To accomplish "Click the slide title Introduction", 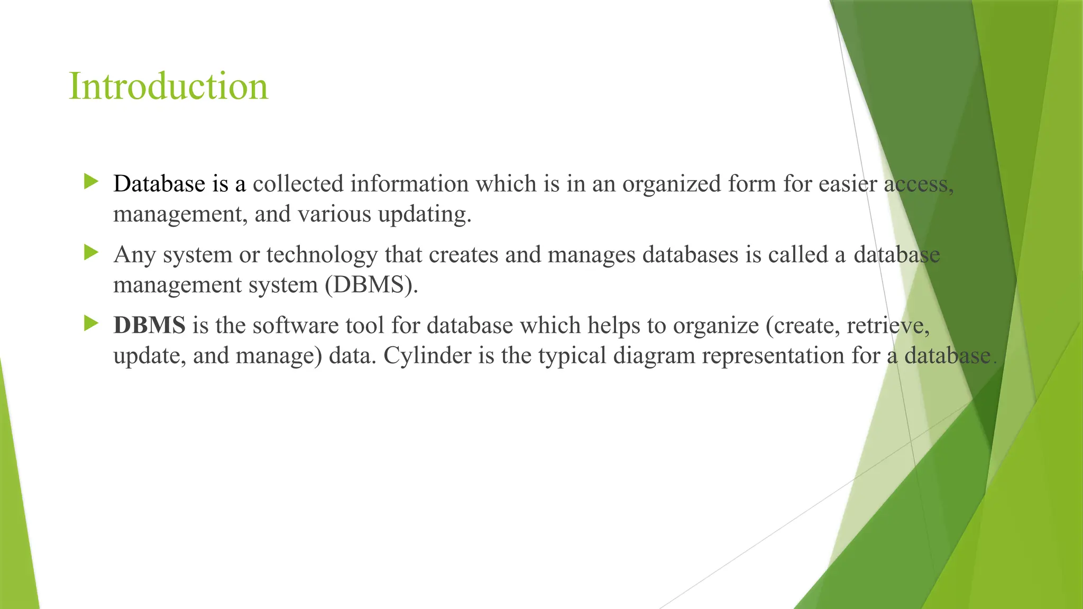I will [x=168, y=86].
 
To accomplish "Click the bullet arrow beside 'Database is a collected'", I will [x=91, y=182].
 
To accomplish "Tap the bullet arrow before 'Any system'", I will [x=91, y=253].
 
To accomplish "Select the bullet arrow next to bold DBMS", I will [x=91, y=324].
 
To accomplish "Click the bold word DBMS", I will [x=149, y=325].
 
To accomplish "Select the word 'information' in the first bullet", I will [x=409, y=184].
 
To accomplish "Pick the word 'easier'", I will [x=847, y=184].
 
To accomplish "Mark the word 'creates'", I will [x=463, y=255].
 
